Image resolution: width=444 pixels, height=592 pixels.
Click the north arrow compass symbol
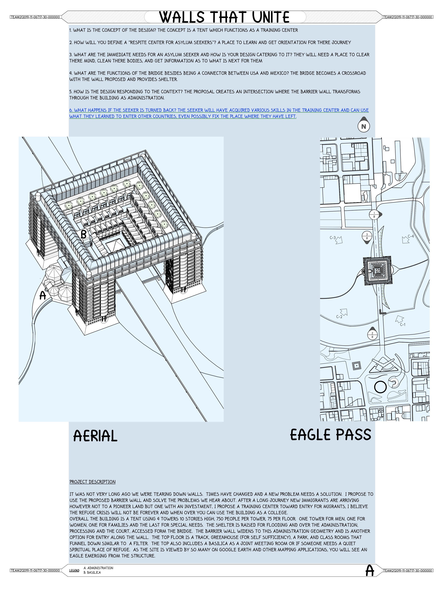click(x=364, y=125)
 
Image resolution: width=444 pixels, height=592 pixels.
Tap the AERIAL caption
click(x=95, y=436)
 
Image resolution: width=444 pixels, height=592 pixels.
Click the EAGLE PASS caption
click(x=331, y=435)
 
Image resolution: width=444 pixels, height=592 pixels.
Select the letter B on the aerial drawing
click(x=83, y=234)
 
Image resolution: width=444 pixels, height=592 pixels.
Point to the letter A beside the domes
click(x=43, y=295)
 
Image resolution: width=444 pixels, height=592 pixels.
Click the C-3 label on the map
click(x=333, y=237)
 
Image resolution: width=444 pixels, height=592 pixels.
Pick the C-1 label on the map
click(x=403, y=324)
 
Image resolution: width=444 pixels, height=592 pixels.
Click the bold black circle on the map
click(x=380, y=387)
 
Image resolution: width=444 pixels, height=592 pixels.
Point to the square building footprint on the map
click(x=378, y=271)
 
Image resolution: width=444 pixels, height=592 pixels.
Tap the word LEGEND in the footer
click(x=74, y=570)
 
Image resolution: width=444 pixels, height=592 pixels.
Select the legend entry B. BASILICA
click(x=92, y=572)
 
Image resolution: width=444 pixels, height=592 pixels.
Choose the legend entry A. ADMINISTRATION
click(x=98, y=568)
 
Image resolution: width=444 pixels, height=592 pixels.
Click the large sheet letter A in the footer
click(x=370, y=570)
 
